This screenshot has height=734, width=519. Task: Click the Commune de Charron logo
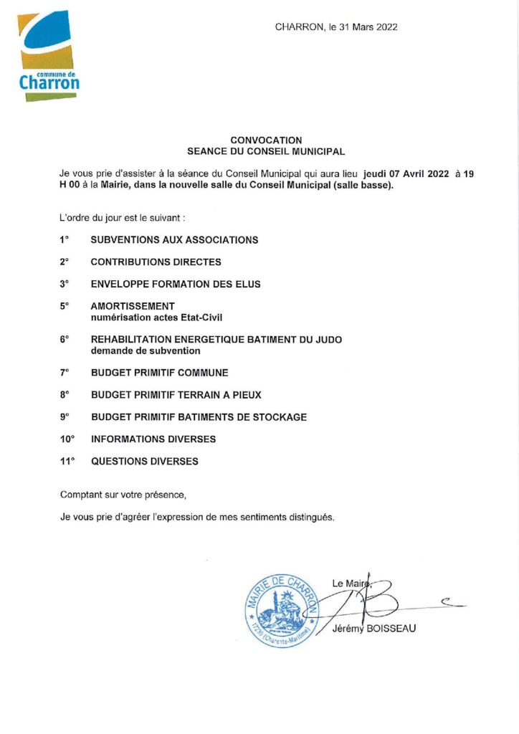pos(47,57)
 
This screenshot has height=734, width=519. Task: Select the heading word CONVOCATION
pos(266,140)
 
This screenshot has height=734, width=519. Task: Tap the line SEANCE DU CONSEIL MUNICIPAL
pos(266,152)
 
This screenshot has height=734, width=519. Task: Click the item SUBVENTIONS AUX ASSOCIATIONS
pos(174,240)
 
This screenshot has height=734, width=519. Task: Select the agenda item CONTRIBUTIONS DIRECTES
pos(156,262)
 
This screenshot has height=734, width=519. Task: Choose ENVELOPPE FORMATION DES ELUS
pos(176,285)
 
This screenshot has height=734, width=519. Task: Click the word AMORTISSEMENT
pos(133,306)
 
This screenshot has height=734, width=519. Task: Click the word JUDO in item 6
pos(328,340)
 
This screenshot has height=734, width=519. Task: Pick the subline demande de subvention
pos(146,351)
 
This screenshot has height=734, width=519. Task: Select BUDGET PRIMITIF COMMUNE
pos(160,373)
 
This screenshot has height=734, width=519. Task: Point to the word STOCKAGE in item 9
pos(280,417)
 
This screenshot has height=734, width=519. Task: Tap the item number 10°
pos(67,439)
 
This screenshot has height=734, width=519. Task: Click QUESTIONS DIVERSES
pos(145,462)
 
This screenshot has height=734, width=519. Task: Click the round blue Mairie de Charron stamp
pos(280,610)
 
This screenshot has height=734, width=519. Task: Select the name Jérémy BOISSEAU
pos(374,629)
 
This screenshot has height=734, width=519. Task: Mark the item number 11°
pos(67,462)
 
